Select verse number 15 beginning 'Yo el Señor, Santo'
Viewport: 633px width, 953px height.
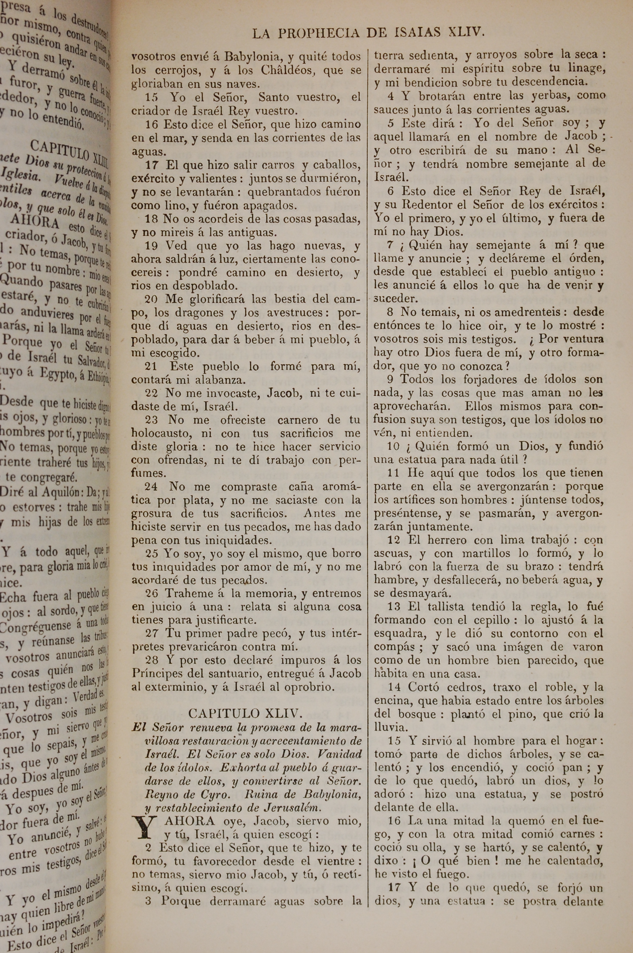click(x=152, y=97)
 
